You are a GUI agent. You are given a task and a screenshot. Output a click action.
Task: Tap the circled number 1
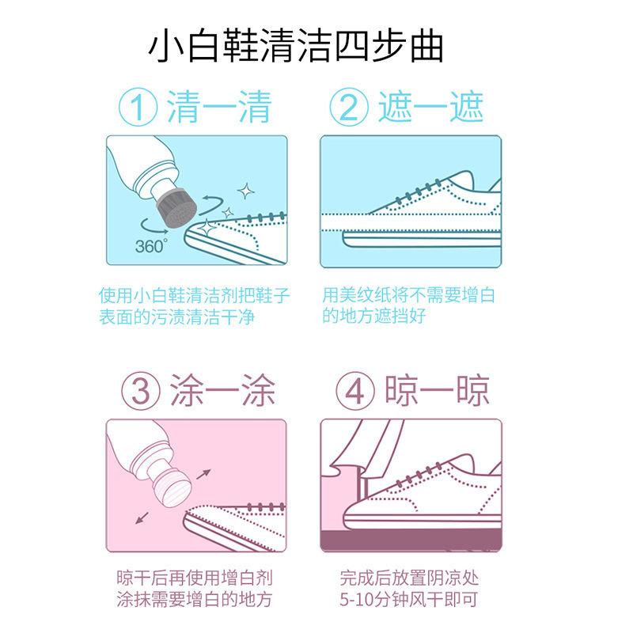(138, 108)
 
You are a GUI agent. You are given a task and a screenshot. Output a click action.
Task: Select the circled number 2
(349, 108)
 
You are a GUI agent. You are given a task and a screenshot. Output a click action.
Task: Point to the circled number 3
(141, 391)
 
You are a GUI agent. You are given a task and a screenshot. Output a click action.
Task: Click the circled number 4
(354, 391)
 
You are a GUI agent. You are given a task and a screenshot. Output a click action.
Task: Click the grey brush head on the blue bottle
(176, 207)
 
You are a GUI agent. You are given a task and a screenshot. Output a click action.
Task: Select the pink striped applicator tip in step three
(174, 487)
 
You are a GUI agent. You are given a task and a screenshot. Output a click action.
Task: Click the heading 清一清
(219, 107)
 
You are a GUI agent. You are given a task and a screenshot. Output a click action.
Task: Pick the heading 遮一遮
(430, 107)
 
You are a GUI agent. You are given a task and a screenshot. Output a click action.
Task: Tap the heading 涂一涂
(222, 390)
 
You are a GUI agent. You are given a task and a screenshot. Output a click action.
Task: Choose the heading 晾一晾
(437, 390)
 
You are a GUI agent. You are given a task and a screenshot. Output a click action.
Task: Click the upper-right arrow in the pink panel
(204, 474)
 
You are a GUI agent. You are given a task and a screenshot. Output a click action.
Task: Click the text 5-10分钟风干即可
(408, 599)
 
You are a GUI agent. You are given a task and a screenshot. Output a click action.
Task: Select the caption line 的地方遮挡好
(373, 315)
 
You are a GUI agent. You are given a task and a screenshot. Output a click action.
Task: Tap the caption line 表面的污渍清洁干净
(176, 317)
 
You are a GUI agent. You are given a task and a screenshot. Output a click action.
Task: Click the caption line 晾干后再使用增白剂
(195, 578)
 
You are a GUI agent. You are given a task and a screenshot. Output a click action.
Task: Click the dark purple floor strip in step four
(411, 540)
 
